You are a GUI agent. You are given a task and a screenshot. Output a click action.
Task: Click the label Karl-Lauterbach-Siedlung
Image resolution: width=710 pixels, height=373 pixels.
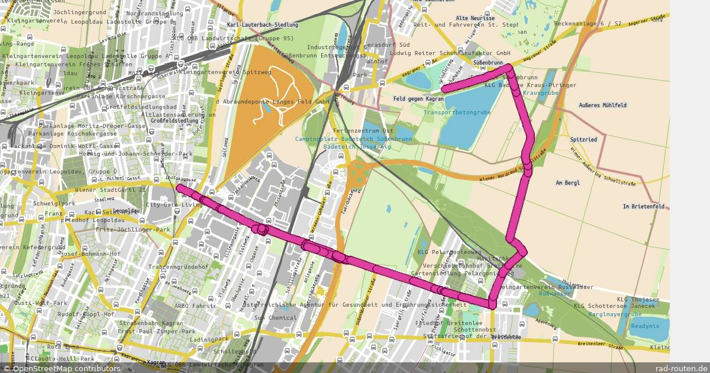pos(263,25)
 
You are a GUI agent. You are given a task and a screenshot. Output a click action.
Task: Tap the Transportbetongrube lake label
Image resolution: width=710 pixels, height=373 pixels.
pos(457,112)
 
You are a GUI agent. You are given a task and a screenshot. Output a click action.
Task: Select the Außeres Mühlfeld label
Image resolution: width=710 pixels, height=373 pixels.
pos(603,105)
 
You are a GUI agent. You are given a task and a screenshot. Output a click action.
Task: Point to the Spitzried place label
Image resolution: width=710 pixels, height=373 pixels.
pos(584,139)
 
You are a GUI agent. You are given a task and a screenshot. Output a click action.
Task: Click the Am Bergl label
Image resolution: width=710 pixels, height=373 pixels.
pos(568,183)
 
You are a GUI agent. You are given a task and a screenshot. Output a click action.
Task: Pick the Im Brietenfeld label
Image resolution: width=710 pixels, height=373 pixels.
pos(644,207)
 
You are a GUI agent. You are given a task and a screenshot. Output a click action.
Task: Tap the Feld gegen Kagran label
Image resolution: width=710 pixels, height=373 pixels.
pos(418,98)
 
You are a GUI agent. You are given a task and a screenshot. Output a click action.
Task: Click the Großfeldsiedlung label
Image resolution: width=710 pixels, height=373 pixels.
pos(175,121)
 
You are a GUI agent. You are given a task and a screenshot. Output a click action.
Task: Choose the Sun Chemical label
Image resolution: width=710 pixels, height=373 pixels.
pos(275,318)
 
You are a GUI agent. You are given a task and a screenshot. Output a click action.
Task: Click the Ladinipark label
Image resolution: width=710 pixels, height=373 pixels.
pos(206,339)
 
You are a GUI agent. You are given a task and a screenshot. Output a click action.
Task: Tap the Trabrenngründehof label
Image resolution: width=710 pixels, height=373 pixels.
pos(179,267)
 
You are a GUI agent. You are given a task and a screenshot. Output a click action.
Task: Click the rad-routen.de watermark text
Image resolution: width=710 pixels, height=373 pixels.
pos(685,368)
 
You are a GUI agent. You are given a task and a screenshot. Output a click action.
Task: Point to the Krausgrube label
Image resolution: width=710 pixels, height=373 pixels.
pos(541,93)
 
